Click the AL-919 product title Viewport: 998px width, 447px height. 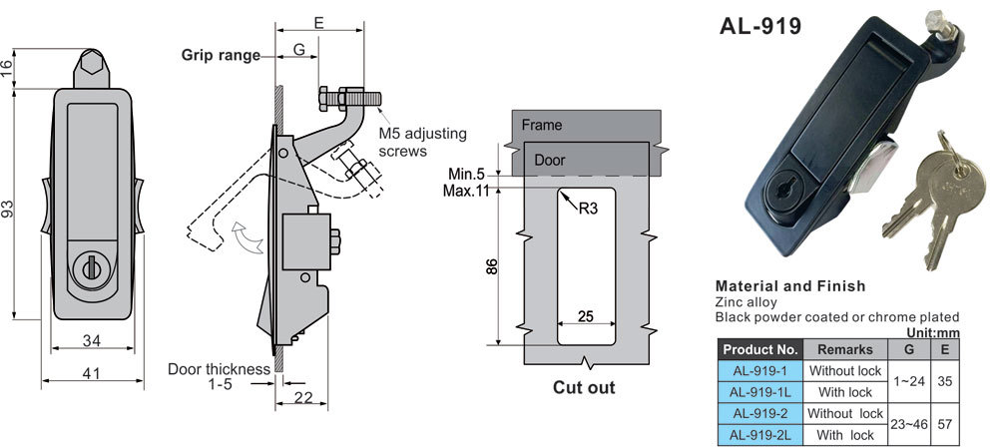(x=760, y=27)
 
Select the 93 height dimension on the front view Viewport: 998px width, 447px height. (x=9, y=210)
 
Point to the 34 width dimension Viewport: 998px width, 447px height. (x=92, y=341)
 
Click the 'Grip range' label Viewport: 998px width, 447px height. (x=220, y=55)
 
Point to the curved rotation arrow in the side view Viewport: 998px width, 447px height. (x=242, y=235)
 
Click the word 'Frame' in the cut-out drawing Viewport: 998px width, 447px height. (x=541, y=125)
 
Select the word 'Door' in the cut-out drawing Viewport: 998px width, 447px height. (x=549, y=160)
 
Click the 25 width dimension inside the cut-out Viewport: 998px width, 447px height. (x=586, y=316)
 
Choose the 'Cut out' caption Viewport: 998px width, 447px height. (x=584, y=387)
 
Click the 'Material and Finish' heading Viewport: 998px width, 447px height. (x=790, y=286)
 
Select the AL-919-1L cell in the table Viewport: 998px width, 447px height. (x=759, y=392)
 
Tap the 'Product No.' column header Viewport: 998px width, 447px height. (x=759, y=349)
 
